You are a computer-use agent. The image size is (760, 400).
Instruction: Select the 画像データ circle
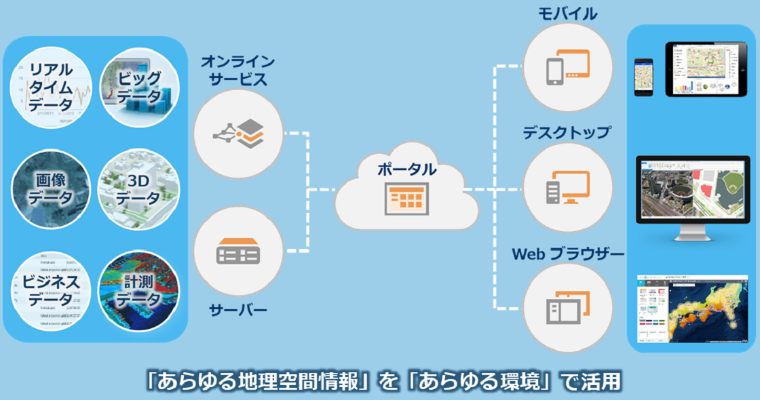(x=52, y=189)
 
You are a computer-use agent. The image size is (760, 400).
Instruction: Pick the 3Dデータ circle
(x=138, y=189)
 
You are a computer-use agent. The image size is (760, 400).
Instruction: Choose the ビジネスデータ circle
(x=52, y=289)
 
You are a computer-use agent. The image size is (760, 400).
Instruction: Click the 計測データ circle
(x=138, y=289)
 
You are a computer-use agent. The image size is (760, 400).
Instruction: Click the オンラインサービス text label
(x=237, y=70)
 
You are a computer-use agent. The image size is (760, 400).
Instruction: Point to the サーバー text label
(x=237, y=311)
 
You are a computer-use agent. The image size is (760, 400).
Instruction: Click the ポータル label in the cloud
(x=407, y=169)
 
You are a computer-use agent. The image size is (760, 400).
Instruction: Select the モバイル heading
(x=569, y=14)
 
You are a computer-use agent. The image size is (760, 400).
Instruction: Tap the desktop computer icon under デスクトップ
(x=567, y=188)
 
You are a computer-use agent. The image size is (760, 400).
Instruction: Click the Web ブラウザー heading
(x=567, y=254)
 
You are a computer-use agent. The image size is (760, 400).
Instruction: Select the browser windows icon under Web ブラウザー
(x=567, y=307)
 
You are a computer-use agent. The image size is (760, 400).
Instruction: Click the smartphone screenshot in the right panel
(x=643, y=77)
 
